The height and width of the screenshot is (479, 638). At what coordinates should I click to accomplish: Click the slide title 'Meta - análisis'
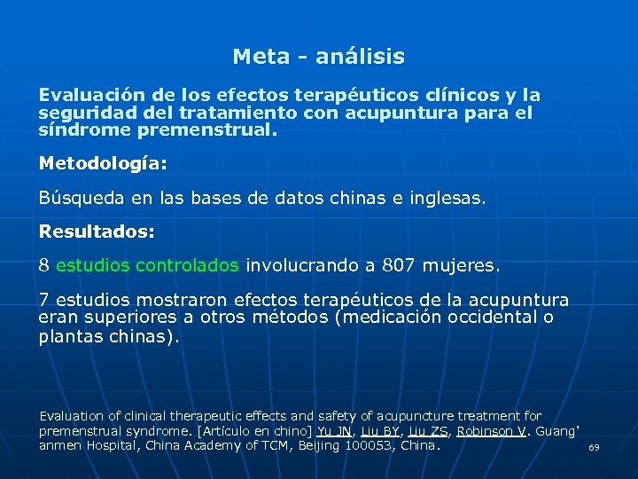[x=318, y=57]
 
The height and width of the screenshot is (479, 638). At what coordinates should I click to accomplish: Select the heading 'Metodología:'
[x=103, y=163]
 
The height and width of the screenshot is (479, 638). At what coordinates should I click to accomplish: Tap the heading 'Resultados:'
[x=97, y=231]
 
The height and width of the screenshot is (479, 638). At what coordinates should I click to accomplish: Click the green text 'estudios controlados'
[x=147, y=264]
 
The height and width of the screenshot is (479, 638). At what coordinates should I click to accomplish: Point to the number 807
[x=399, y=264]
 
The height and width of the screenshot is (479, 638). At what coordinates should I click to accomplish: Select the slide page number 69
[x=594, y=448]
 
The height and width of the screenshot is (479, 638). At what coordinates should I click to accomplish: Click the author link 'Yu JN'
[x=334, y=430]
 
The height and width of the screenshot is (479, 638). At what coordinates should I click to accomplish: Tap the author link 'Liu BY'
[x=379, y=430]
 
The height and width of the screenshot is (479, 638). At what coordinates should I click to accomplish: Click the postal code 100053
[x=372, y=445]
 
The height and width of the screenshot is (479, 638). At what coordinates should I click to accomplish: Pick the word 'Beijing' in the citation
[x=315, y=445]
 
